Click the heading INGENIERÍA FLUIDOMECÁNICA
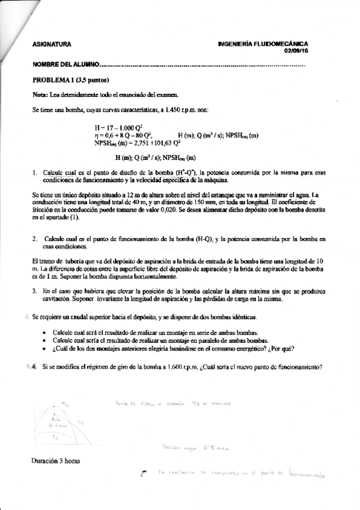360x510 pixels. pyautogui.click(x=264, y=44)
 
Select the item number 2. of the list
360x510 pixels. pyautogui.click(x=35, y=239)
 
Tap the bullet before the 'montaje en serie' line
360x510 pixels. pyautogui.click(x=46, y=332)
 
